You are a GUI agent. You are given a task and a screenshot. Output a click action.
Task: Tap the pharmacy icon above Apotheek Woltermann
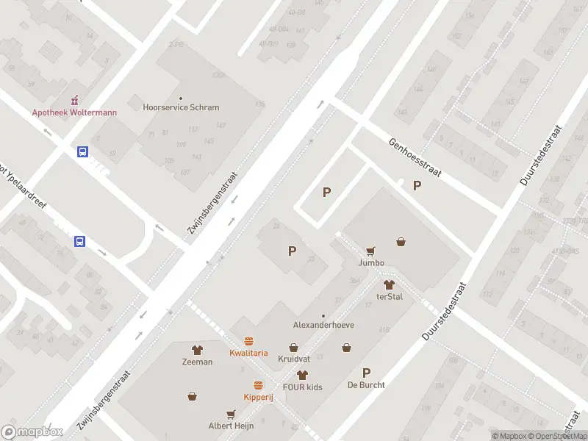tap(73, 101)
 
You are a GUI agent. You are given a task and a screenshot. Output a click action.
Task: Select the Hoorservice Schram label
tap(181, 107)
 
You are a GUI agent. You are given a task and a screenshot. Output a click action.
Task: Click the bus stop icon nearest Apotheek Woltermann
tap(83, 151)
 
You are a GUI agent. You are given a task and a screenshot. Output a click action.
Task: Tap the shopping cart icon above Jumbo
tap(370, 251)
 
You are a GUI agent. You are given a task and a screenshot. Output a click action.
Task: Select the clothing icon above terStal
tap(389, 284)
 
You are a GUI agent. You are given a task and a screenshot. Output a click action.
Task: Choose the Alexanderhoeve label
tap(324, 324)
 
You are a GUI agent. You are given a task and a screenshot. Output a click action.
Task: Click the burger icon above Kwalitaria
tap(248, 341)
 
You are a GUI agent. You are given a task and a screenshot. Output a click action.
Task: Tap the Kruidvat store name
tap(293, 359)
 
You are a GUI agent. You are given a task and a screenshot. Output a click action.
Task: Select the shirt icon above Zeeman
tap(197, 350)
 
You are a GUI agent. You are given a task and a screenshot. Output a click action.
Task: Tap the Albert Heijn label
tap(232, 426)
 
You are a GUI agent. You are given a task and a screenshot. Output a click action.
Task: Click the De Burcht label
tap(366, 384)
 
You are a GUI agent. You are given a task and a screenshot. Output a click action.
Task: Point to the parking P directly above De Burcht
tap(366, 373)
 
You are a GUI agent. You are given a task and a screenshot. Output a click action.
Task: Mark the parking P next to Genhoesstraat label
tap(417, 186)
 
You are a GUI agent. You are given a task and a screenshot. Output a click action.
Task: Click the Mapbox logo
tap(32, 432)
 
